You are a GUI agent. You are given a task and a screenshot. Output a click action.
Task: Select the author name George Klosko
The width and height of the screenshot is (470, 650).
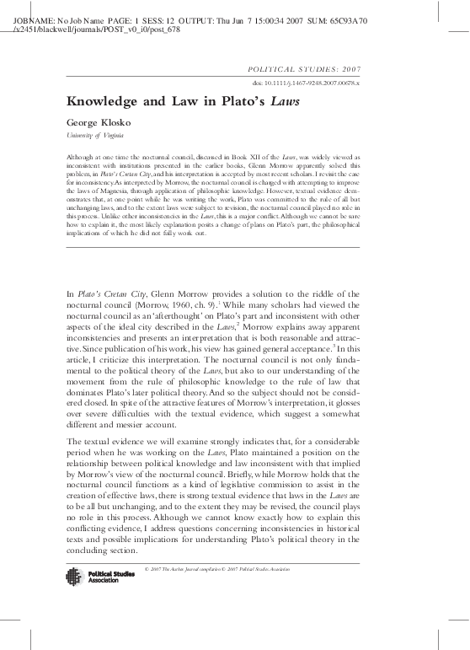pyautogui.click(x=93, y=122)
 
